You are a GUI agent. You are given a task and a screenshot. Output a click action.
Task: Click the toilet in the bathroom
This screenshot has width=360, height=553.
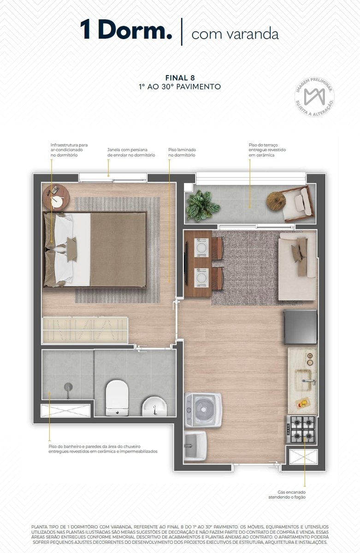pos(117,398)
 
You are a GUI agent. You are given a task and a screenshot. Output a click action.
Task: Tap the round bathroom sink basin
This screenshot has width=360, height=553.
pos(154,406)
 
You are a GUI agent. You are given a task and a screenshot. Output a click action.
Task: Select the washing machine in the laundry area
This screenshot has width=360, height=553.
pos(203,410)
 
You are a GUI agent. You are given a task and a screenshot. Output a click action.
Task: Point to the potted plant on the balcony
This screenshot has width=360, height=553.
pos(202,206)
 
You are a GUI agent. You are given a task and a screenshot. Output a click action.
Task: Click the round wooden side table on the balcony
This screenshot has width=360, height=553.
pos(276,201)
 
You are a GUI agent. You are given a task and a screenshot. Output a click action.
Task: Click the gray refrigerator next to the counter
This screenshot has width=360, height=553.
pos(300,327)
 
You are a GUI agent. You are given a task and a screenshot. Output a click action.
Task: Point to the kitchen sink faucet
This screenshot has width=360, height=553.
pos(309,381)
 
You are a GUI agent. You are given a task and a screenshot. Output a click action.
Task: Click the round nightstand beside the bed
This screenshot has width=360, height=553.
pos(56,198)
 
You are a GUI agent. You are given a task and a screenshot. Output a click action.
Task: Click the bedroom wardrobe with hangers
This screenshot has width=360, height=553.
pos(85,330)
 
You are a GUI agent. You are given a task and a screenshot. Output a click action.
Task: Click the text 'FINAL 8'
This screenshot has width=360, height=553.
pos(180,78)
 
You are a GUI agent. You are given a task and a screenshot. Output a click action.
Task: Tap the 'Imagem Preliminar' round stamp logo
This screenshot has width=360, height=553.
pos(314,96)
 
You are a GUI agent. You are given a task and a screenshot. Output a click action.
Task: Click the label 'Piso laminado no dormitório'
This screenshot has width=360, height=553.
pos(182,153)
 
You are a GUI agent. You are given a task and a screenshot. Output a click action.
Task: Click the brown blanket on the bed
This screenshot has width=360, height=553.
pos(118,249)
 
